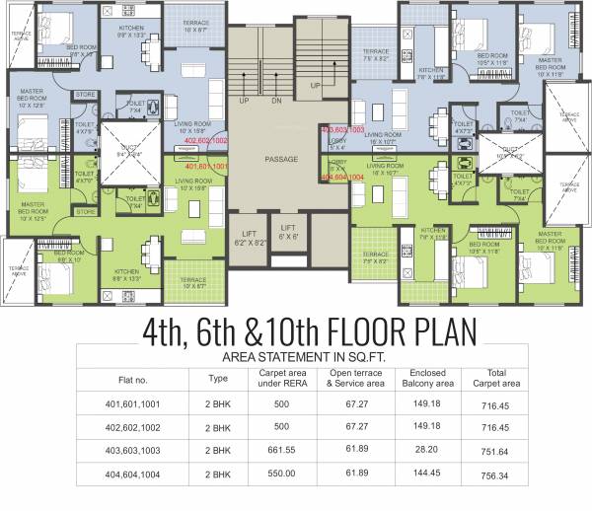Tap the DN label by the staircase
[x=275, y=101]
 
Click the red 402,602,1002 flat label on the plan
[x=206, y=141]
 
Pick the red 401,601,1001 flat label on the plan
[x=206, y=167]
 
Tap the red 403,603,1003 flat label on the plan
[x=343, y=129]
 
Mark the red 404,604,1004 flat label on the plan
[x=343, y=178]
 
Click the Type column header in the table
[x=218, y=378]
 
